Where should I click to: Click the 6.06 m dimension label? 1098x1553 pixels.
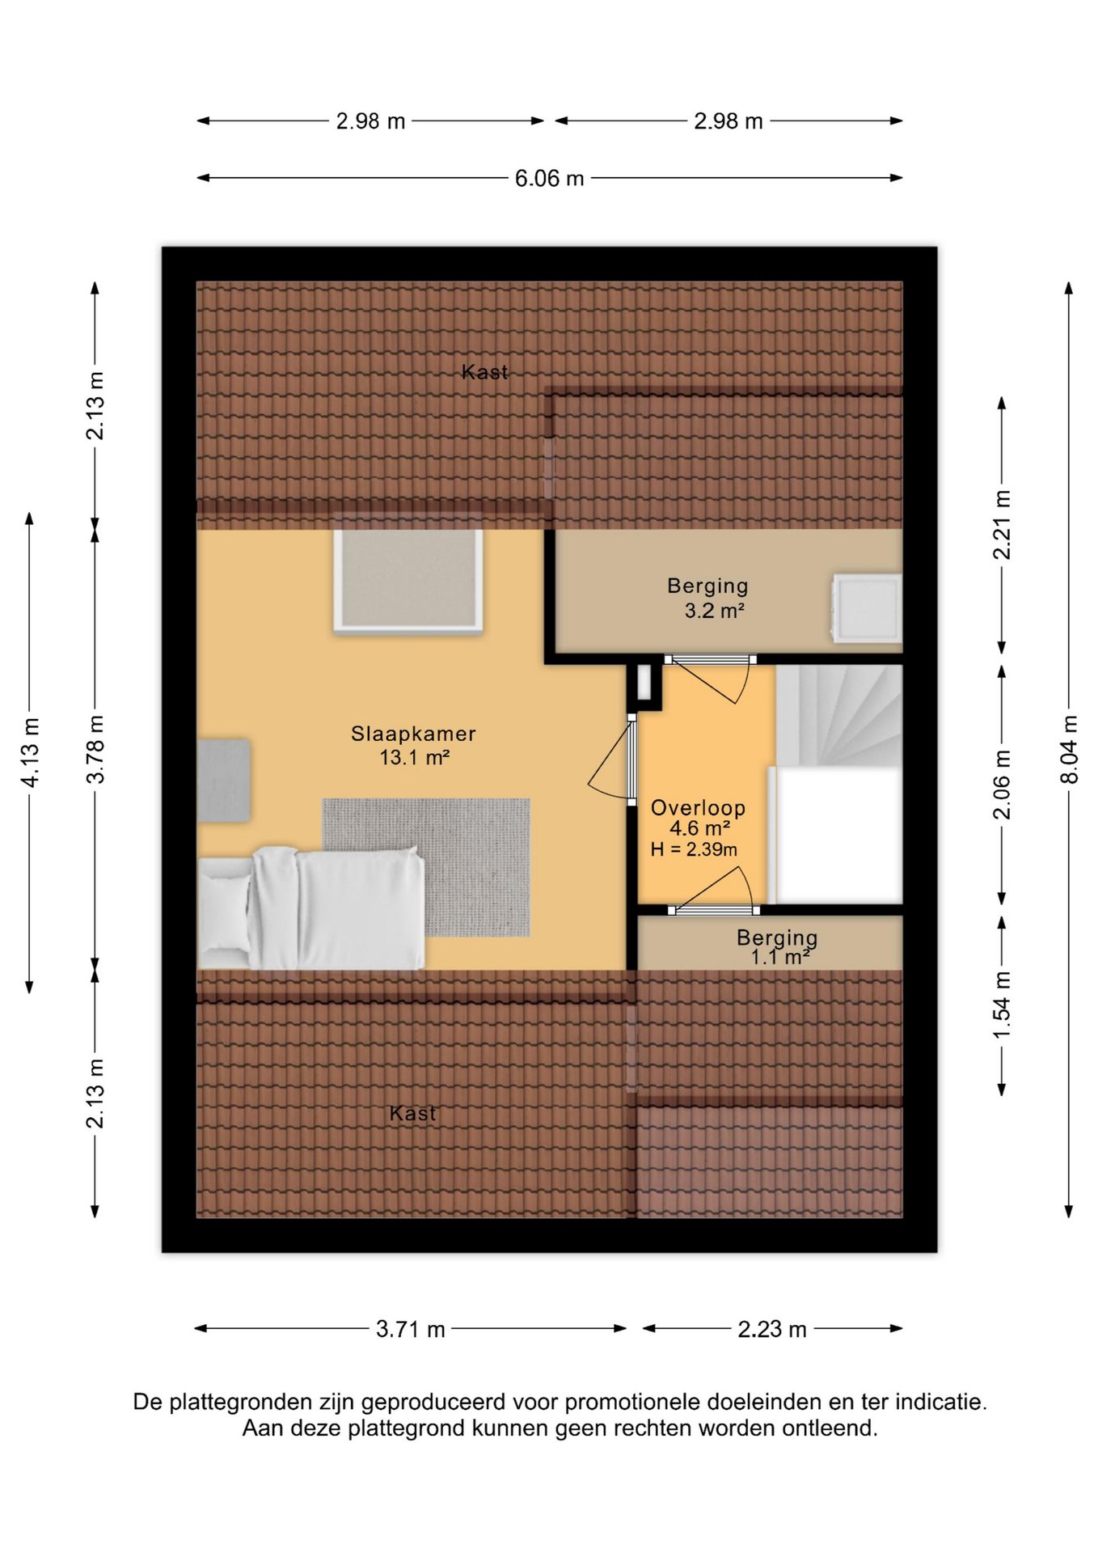tap(549, 178)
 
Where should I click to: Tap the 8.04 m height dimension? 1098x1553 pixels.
tap(1069, 749)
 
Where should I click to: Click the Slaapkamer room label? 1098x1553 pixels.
tap(413, 734)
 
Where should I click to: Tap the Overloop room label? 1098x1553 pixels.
tap(698, 807)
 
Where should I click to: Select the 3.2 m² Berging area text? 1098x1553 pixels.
tap(715, 611)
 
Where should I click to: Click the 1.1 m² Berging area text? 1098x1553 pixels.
tap(781, 958)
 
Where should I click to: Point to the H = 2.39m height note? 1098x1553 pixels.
tap(694, 849)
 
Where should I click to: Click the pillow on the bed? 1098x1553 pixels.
tap(225, 912)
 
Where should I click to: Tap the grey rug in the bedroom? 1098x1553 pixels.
tap(426, 867)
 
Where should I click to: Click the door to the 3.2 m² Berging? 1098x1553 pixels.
tap(712, 677)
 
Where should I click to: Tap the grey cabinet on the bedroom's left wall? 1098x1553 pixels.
tap(223, 781)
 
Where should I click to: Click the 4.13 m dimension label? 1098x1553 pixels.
tap(30, 751)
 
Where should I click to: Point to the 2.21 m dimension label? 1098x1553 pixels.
tap(1002, 525)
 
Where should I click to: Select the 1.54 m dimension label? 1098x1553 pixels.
tap(1002, 1005)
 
